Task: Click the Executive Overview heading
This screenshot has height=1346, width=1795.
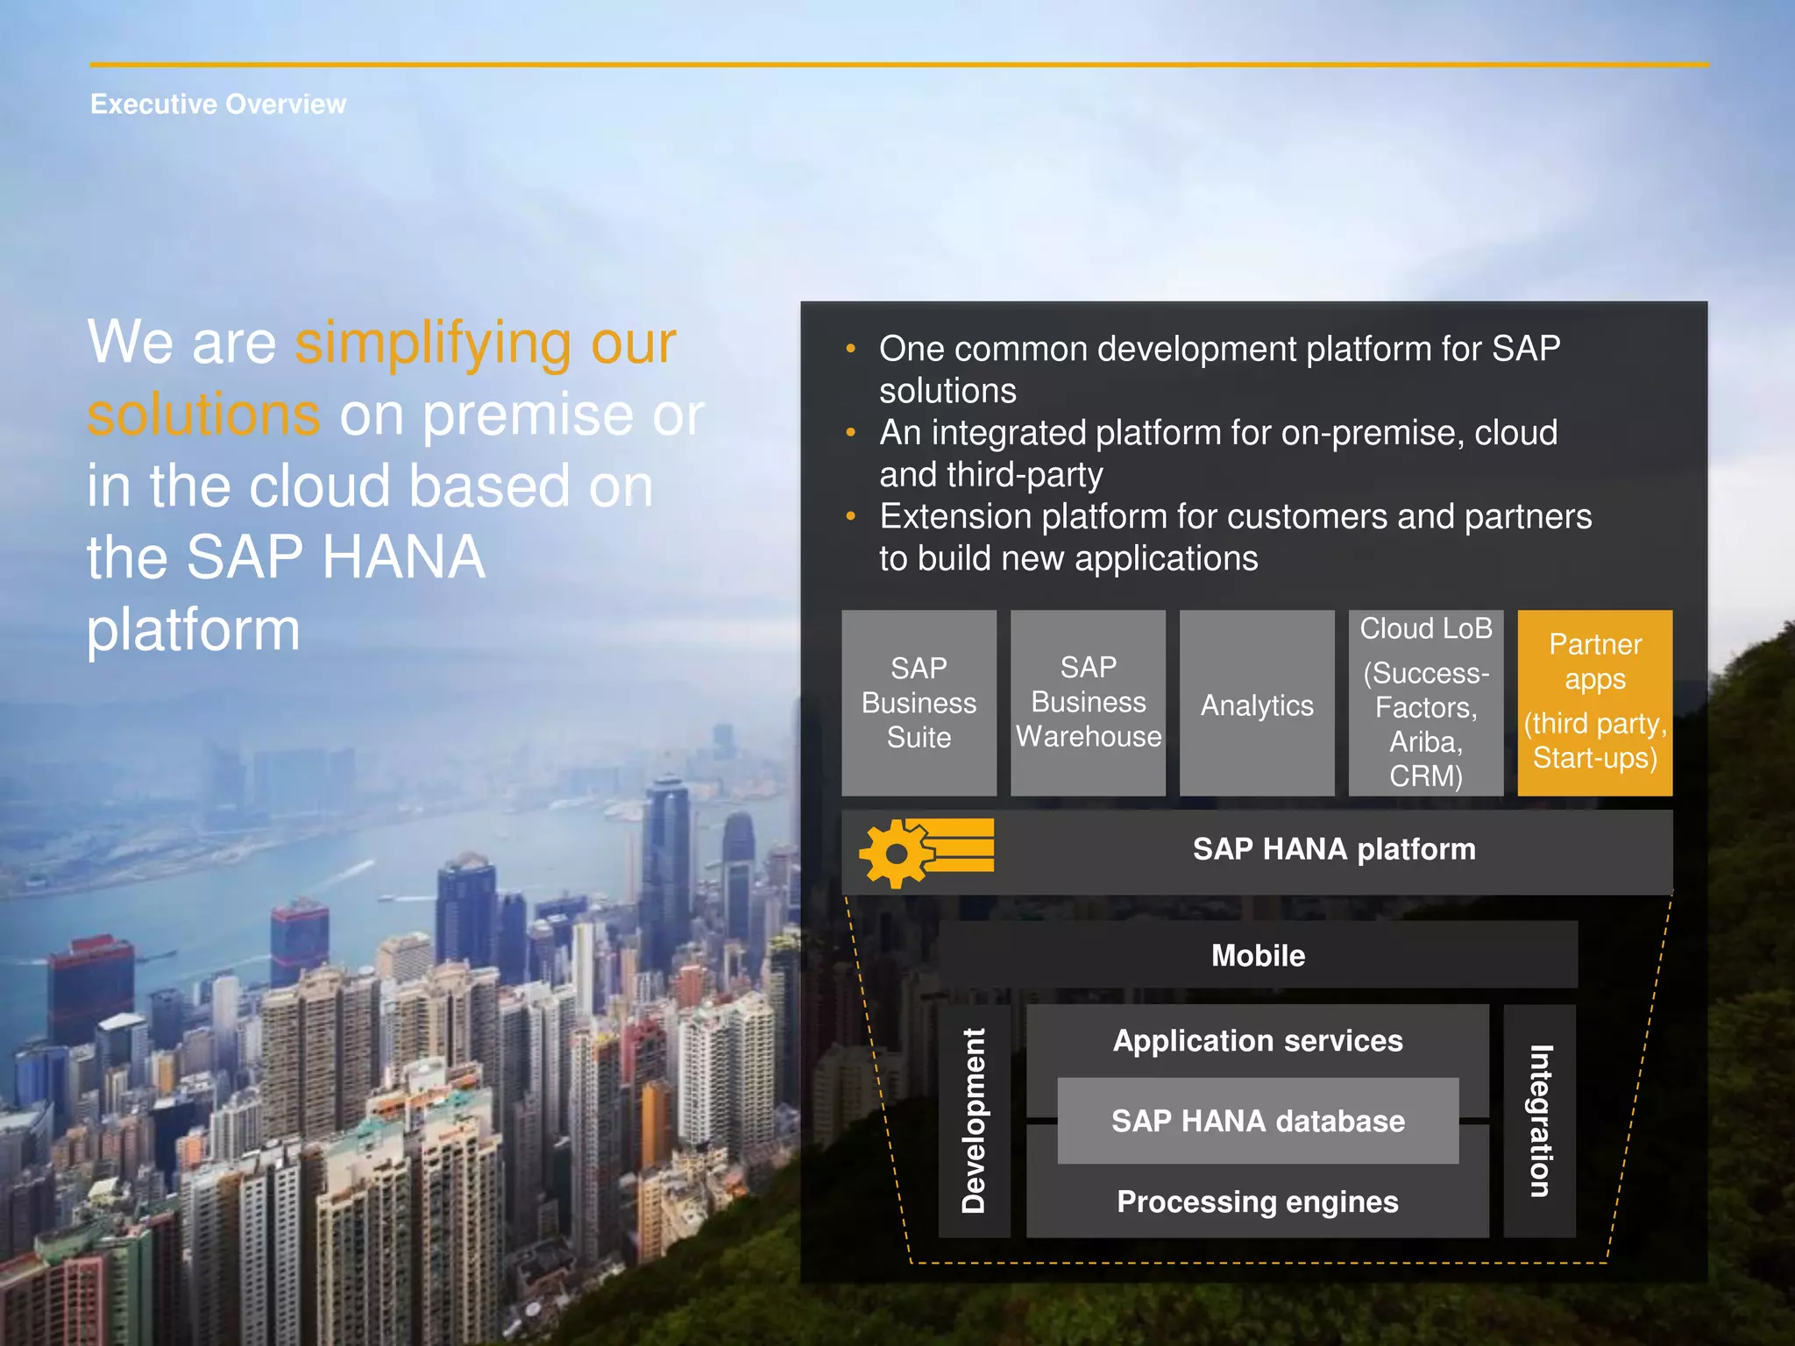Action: pyautogui.click(x=218, y=104)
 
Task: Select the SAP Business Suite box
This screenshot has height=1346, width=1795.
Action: pyautogui.click(x=919, y=703)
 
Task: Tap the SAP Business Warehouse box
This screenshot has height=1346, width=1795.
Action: pyautogui.click(x=1088, y=703)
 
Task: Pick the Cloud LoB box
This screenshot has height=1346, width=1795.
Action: pyautogui.click(x=1425, y=703)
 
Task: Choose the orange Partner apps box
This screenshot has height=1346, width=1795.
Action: pyautogui.click(x=1594, y=703)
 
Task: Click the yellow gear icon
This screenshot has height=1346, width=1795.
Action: pyautogui.click(x=896, y=854)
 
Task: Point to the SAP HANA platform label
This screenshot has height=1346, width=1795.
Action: pyautogui.click(x=1333, y=849)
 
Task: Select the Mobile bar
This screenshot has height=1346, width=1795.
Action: pyautogui.click(x=1258, y=955)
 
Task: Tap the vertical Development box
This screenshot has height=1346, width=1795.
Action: pyautogui.click(x=974, y=1121)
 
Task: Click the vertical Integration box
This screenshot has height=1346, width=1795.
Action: pyautogui.click(x=1540, y=1121)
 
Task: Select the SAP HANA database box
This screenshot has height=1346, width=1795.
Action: pyautogui.click(x=1258, y=1121)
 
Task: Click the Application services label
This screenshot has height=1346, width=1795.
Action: pyautogui.click(x=1258, y=1041)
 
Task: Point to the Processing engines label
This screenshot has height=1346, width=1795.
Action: pyautogui.click(x=1258, y=1201)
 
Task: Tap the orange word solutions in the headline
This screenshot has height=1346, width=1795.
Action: pyautogui.click(x=203, y=415)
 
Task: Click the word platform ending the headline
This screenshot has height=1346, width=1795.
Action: pyautogui.click(x=193, y=630)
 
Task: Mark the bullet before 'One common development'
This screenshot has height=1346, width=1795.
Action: pyautogui.click(x=850, y=349)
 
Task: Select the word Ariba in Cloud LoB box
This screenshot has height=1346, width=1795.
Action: pyautogui.click(x=1425, y=742)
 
